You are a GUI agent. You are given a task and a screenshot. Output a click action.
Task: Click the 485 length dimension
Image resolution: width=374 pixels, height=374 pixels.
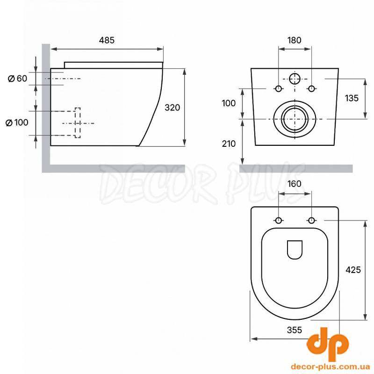point(107,40)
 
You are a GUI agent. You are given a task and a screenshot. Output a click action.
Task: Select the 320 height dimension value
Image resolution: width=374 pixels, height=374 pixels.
point(172,108)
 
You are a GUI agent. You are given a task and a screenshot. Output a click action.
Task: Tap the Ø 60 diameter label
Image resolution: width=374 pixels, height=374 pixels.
point(18,79)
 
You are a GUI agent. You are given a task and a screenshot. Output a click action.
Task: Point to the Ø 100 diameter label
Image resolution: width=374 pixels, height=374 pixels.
point(17,122)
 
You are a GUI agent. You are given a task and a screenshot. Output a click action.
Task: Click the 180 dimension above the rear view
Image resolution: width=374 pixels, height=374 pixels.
point(295,40)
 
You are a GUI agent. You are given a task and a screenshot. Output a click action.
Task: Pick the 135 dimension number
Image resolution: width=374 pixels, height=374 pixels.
point(352,98)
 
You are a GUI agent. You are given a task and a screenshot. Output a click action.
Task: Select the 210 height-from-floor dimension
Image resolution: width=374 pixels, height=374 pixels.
point(229,144)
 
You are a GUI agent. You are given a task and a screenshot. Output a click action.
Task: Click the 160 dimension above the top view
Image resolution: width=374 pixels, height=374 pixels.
point(295,184)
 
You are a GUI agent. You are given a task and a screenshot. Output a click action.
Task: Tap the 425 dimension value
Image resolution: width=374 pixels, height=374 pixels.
point(353,270)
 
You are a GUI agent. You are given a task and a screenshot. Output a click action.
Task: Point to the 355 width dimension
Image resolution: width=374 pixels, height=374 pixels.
point(295,330)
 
